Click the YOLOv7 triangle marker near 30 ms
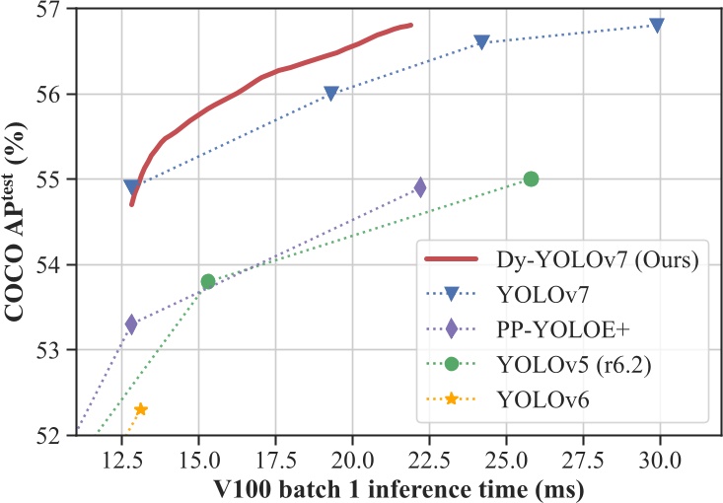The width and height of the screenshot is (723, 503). (x=657, y=25)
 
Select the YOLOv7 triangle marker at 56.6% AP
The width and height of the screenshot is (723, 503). (x=481, y=41)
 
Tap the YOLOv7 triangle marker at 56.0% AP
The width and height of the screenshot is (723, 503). (x=331, y=93)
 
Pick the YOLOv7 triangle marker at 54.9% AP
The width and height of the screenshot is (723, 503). (x=131, y=186)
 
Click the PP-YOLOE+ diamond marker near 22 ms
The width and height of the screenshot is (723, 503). (x=420, y=186)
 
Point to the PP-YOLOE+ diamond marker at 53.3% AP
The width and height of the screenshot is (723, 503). (x=131, y=323)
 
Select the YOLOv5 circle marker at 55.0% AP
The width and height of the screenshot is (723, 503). (x=531, y=179)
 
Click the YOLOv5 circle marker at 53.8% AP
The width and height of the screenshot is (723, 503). (x=208, y=281)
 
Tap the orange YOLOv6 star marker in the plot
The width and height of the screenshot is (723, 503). (x=141, y=409)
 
